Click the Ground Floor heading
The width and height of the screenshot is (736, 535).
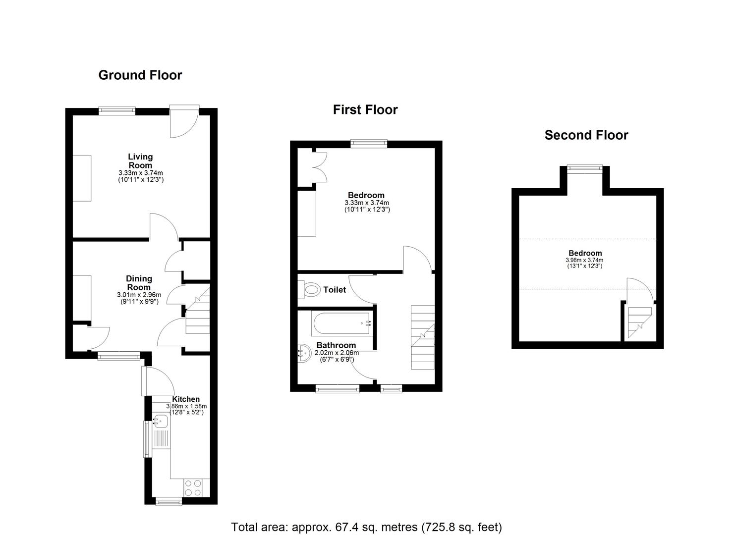pyautogui.click(x=140, y=75)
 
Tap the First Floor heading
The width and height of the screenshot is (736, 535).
pyautogui.click(x=365, y=110)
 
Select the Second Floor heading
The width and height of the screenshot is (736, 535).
pyautogui.click(x=586, y=135)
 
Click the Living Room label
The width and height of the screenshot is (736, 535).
pyautogui.click(x=140, y=161)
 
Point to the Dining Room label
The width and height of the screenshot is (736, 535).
pyautogui.click(x=139, y=283)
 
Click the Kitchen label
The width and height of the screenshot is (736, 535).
pyautogui.click(x=186, y=399)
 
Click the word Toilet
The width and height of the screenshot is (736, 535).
pyautogui.click(x=335, y=290)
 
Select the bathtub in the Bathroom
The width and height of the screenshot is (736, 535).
pyautogui.click(x=341, y=323)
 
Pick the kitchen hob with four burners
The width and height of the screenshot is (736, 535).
pyautogui.click(x=192, y=487)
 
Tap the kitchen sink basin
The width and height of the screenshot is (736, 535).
pyautogui.click(x=161, y=422)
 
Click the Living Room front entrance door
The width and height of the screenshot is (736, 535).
pyautogui.click(x=184, y=121)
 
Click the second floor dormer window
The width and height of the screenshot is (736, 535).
pyautogui.click(x=585, y=168)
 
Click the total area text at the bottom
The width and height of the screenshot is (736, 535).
pyautogui.click(x=367, y=527)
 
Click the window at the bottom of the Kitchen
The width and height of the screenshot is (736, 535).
pyautogui.click(x=169, y=502)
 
